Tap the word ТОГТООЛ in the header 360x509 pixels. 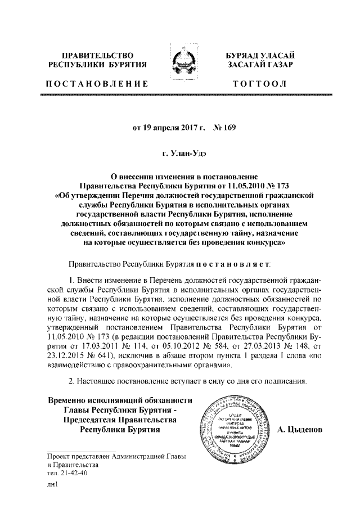[x=261, y=84]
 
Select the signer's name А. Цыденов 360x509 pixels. [x=316, y=430]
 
